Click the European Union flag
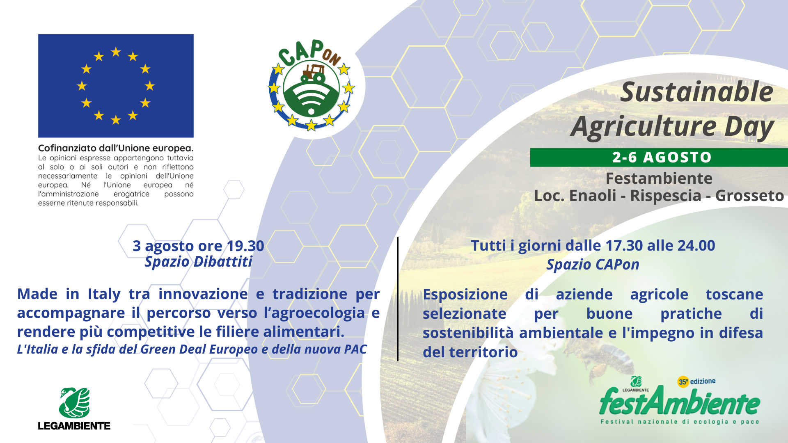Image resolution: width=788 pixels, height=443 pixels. [x=116, y=86]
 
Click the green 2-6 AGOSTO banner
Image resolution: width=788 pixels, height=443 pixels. [x=659, y=158]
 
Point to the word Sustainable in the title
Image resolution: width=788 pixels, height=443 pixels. [x=696, y=92]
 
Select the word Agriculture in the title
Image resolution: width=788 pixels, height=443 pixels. [x=644, y=127]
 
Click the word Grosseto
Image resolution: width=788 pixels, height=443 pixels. [x=749, y=196]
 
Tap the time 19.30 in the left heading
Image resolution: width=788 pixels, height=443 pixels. [x=245, y=246]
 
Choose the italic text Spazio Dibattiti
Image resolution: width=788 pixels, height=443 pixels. [x=199, y=262]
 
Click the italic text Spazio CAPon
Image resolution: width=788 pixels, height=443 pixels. [x=593, y=265]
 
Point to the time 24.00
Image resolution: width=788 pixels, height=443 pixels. [x=696, y=246]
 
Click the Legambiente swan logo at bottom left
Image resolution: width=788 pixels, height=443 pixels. [x=74, y=403]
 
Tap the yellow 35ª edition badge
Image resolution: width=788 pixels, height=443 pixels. [x=683, y=382]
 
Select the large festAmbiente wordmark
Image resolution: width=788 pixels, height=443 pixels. [x=680, y=401]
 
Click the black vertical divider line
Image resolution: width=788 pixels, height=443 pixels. [x=398, y=299]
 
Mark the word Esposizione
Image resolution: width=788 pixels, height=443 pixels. [x=465, y=295]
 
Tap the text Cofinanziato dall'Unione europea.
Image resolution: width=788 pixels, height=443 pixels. [x=116, y=148]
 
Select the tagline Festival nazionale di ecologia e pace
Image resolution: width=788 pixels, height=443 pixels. [x=680, y=422]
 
